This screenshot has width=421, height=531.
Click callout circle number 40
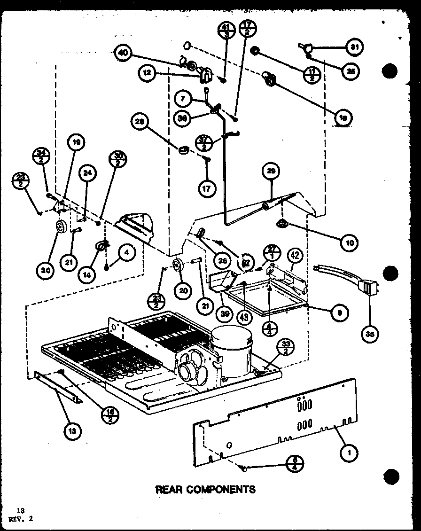[x=122, y=53]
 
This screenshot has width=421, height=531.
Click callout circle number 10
[x=350, y=242]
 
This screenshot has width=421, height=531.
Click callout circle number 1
[x=348, y=453]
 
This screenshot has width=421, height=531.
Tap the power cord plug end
[x=367, y=287]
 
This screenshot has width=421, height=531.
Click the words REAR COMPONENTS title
[x=205, y=489]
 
